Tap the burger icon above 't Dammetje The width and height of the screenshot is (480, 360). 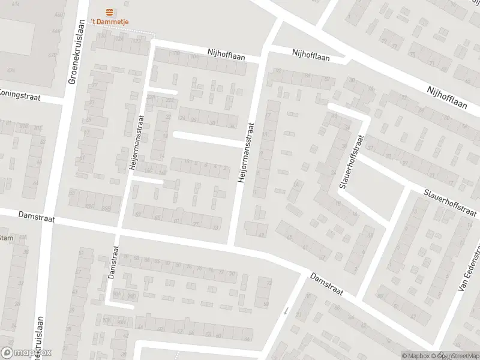(109, 11)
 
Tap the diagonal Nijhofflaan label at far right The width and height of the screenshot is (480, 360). (446, 97)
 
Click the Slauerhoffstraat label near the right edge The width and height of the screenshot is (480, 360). (451, 203)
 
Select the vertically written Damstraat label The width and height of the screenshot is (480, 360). (113, 262)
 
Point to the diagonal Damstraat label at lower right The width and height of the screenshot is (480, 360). (326, 284)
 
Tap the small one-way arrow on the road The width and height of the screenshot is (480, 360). (286, 311)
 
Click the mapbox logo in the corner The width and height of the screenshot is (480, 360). (26, 353)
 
